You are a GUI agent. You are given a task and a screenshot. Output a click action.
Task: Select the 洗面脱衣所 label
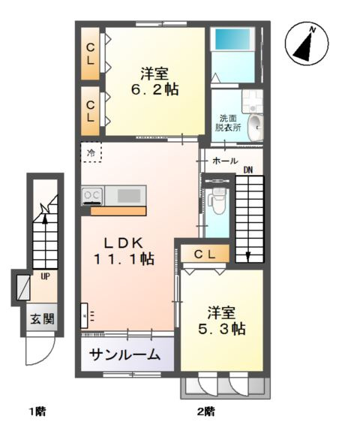pos(229,123)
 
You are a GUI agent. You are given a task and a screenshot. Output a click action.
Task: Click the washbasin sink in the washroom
pos(255,124)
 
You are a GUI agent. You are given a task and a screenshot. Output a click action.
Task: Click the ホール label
pos(225,161)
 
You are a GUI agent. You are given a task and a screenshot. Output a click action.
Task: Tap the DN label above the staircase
pos(247,170)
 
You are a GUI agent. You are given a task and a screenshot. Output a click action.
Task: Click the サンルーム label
pos(124,354)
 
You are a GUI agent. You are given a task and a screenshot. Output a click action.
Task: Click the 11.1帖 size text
pos(124,259)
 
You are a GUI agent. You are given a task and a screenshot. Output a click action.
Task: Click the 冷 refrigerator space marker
pos(91,153)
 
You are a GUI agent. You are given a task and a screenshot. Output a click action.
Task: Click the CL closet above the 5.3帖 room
pos(205,255)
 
